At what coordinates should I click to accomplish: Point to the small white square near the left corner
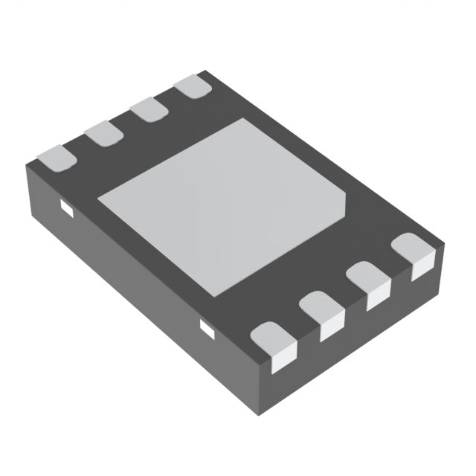pos(65,208)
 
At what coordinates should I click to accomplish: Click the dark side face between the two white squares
pos(134,275)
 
